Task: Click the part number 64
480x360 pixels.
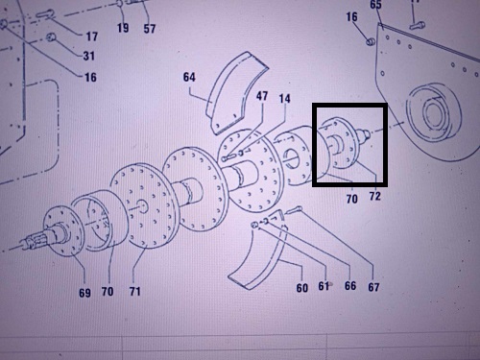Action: pyautogui.click(x=189, y=77)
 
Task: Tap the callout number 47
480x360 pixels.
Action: pyautogui.click(x=262, y=96)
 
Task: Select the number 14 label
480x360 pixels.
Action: pyautogui.click(x=284, y=98)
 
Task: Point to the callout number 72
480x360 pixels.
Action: pyautogui.click(x=375, y=196)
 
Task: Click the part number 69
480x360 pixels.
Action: pyautogui.click(x=84, y=293)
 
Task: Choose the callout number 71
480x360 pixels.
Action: pyautogui.click(x=134, y=291)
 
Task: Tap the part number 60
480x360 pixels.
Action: pyautogui.click(x=302, y=288)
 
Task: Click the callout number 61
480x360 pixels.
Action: pyautogui.click(x=324, y=286)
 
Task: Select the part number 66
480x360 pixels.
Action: pyautogui.click(x=350, y=285)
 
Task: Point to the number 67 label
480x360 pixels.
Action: pyautogui.click(x=373, y=287)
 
